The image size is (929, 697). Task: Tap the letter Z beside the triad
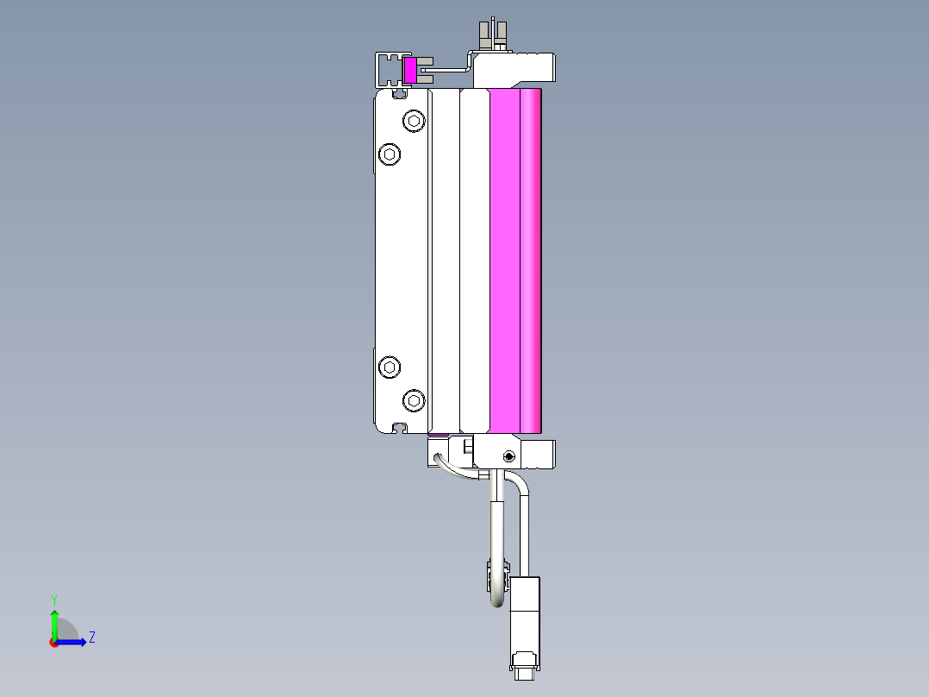(x=91, y=638)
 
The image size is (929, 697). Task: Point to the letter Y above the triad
(x=54, y=599)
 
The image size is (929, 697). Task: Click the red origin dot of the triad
(x=54, y=643)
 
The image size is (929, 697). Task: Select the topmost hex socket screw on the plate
(x=415, y=121)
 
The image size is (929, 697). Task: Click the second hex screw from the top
(x=391, y=154)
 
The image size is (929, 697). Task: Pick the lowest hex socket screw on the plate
(x=415, y=400)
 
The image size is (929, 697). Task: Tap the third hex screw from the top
(x=391, y=367)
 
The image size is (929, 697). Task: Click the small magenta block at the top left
(x=409, y=71)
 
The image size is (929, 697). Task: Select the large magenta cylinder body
(x=515, y=259)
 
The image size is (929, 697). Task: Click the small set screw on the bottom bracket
(x=508, y=455)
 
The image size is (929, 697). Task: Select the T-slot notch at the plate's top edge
(x=399, y=91)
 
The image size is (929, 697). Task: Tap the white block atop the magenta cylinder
(x=517, y=69)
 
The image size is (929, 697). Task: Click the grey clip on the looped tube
(x=495, y=570)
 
